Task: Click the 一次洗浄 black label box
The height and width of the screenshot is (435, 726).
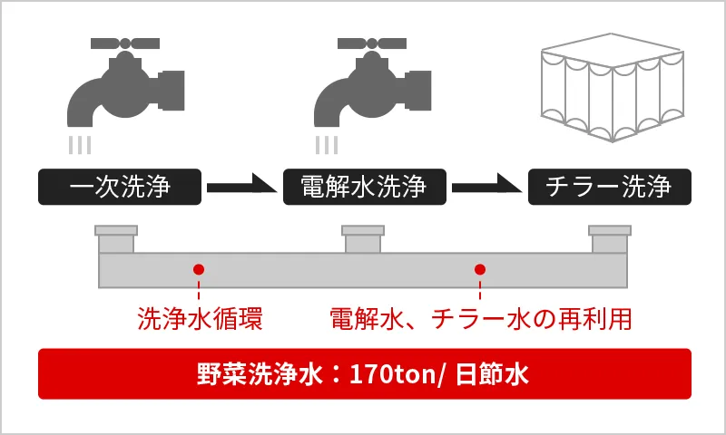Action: [117, 188]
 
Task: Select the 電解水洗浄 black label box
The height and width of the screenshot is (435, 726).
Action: [363, 188]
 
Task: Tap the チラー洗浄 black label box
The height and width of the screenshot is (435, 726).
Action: [609, 188]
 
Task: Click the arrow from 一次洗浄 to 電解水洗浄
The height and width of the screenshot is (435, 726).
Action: [240, 188]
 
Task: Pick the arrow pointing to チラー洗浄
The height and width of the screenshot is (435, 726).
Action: [487, 188]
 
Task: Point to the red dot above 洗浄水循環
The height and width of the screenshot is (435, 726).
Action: [198, 269]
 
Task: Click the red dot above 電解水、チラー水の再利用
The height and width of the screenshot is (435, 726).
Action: [480, 269]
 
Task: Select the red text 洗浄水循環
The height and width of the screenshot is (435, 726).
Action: [199, 319]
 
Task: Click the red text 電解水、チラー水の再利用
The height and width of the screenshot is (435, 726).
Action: [479, 319]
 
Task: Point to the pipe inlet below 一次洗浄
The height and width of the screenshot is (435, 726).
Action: [117, 240]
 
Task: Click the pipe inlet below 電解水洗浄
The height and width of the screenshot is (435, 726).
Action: [362, 240]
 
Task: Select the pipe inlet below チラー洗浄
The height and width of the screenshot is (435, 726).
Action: [609, 240]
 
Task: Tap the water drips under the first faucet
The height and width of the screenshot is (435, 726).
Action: [82, 143]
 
